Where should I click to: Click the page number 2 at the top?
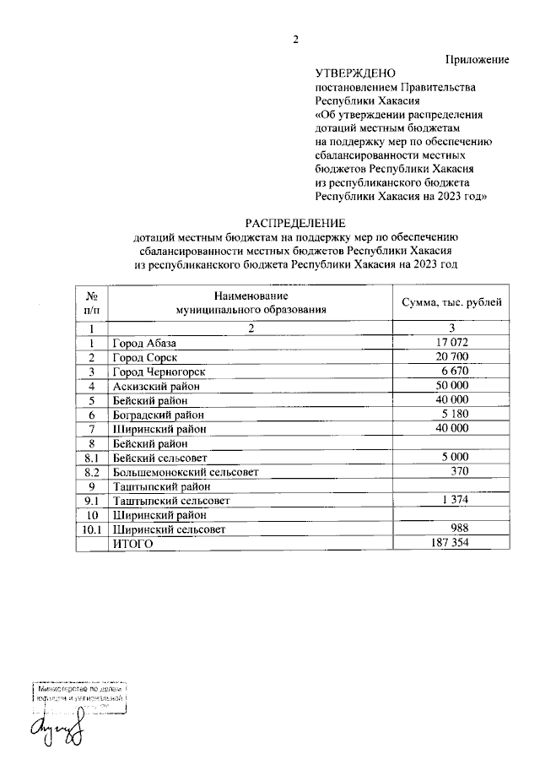pyautogui.click(x=295, y=39)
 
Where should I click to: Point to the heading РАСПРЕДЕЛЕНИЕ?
pyautogui.click(x=295, y=224)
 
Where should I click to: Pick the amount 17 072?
pyautogui.click(x=452, y=343)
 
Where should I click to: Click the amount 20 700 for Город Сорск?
pyautogui.click(x=452, y=357)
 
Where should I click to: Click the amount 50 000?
pyautogui.click(x=452, y=385)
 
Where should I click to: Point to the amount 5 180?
pyautogui.click(x=454, y=414)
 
